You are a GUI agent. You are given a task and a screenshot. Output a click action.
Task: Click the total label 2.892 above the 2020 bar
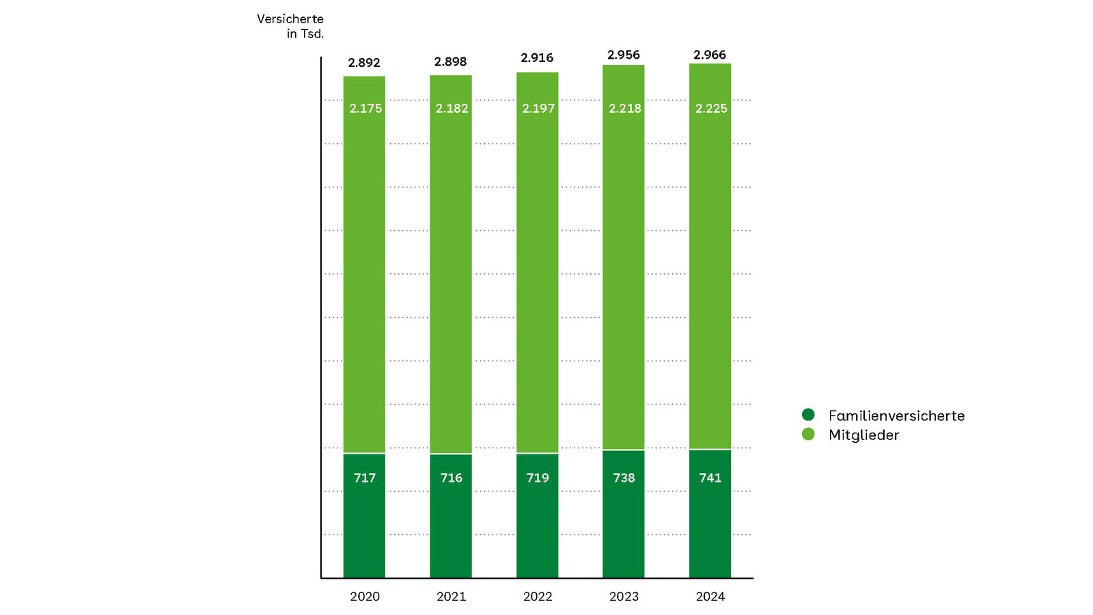[363, 63]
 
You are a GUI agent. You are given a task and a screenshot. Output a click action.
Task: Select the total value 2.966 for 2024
[710, 55]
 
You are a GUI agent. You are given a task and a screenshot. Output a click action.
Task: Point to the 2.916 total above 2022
[537, 58]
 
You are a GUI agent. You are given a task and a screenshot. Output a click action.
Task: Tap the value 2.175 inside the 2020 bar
[365, 109]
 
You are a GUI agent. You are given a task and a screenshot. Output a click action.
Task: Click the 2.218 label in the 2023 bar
[624, 109]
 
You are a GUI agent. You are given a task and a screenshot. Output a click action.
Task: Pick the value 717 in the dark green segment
[365, 478]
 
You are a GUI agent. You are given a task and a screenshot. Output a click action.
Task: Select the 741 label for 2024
[710, 478]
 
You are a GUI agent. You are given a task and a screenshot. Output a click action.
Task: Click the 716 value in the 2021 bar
[451, 478]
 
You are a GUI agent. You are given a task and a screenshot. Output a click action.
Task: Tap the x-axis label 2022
[538, 597]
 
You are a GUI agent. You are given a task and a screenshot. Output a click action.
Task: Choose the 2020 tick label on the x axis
[365, 597]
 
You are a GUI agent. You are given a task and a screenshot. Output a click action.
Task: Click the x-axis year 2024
[710, 597]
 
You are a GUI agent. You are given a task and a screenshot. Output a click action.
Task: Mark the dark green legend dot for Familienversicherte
[808, 415]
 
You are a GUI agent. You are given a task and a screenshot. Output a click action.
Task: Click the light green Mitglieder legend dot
[808, 434]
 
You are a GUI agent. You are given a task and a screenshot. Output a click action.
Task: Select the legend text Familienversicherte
[896, 415]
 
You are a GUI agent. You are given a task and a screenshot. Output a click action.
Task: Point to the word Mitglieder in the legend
[863, 435]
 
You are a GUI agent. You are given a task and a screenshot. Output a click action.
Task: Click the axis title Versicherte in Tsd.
[290, 26]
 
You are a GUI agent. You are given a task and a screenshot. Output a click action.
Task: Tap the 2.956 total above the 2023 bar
[624, 55]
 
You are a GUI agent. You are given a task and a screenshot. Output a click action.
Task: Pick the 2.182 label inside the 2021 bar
[452, 109]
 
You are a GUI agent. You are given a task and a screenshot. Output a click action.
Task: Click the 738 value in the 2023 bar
[624, 478]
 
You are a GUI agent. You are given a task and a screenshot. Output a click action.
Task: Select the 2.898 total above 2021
[450, 62]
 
